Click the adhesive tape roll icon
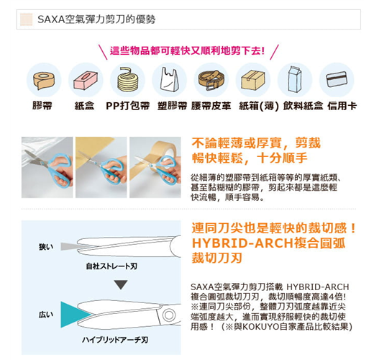point(44,81)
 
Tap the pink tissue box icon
point(86,80)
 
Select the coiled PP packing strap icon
point(128,80)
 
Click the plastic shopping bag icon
point(170,79)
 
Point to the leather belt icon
point(211,79)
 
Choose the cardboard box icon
point(253,80)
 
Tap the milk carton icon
point(295,79)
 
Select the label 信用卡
point(342,106)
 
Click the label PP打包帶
point(128,106)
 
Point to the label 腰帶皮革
point(211,106)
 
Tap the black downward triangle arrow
point(121,284)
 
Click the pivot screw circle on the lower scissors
point(169,315)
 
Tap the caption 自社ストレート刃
point(111,266)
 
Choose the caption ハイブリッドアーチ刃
point(115,340)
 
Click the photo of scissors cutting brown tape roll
point(155,167)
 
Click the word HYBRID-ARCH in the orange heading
point(242,243)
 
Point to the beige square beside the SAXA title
point(27,19)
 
